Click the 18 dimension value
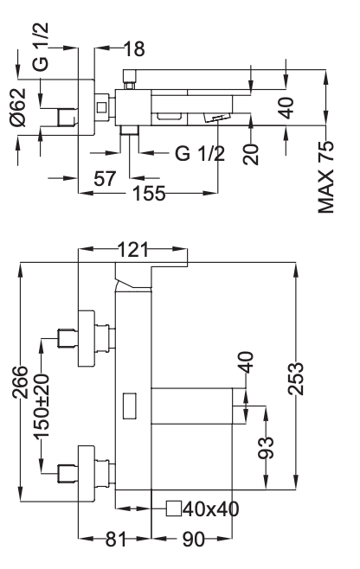point(134,49)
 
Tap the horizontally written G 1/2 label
point(199,154)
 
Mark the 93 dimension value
point(267,447)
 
